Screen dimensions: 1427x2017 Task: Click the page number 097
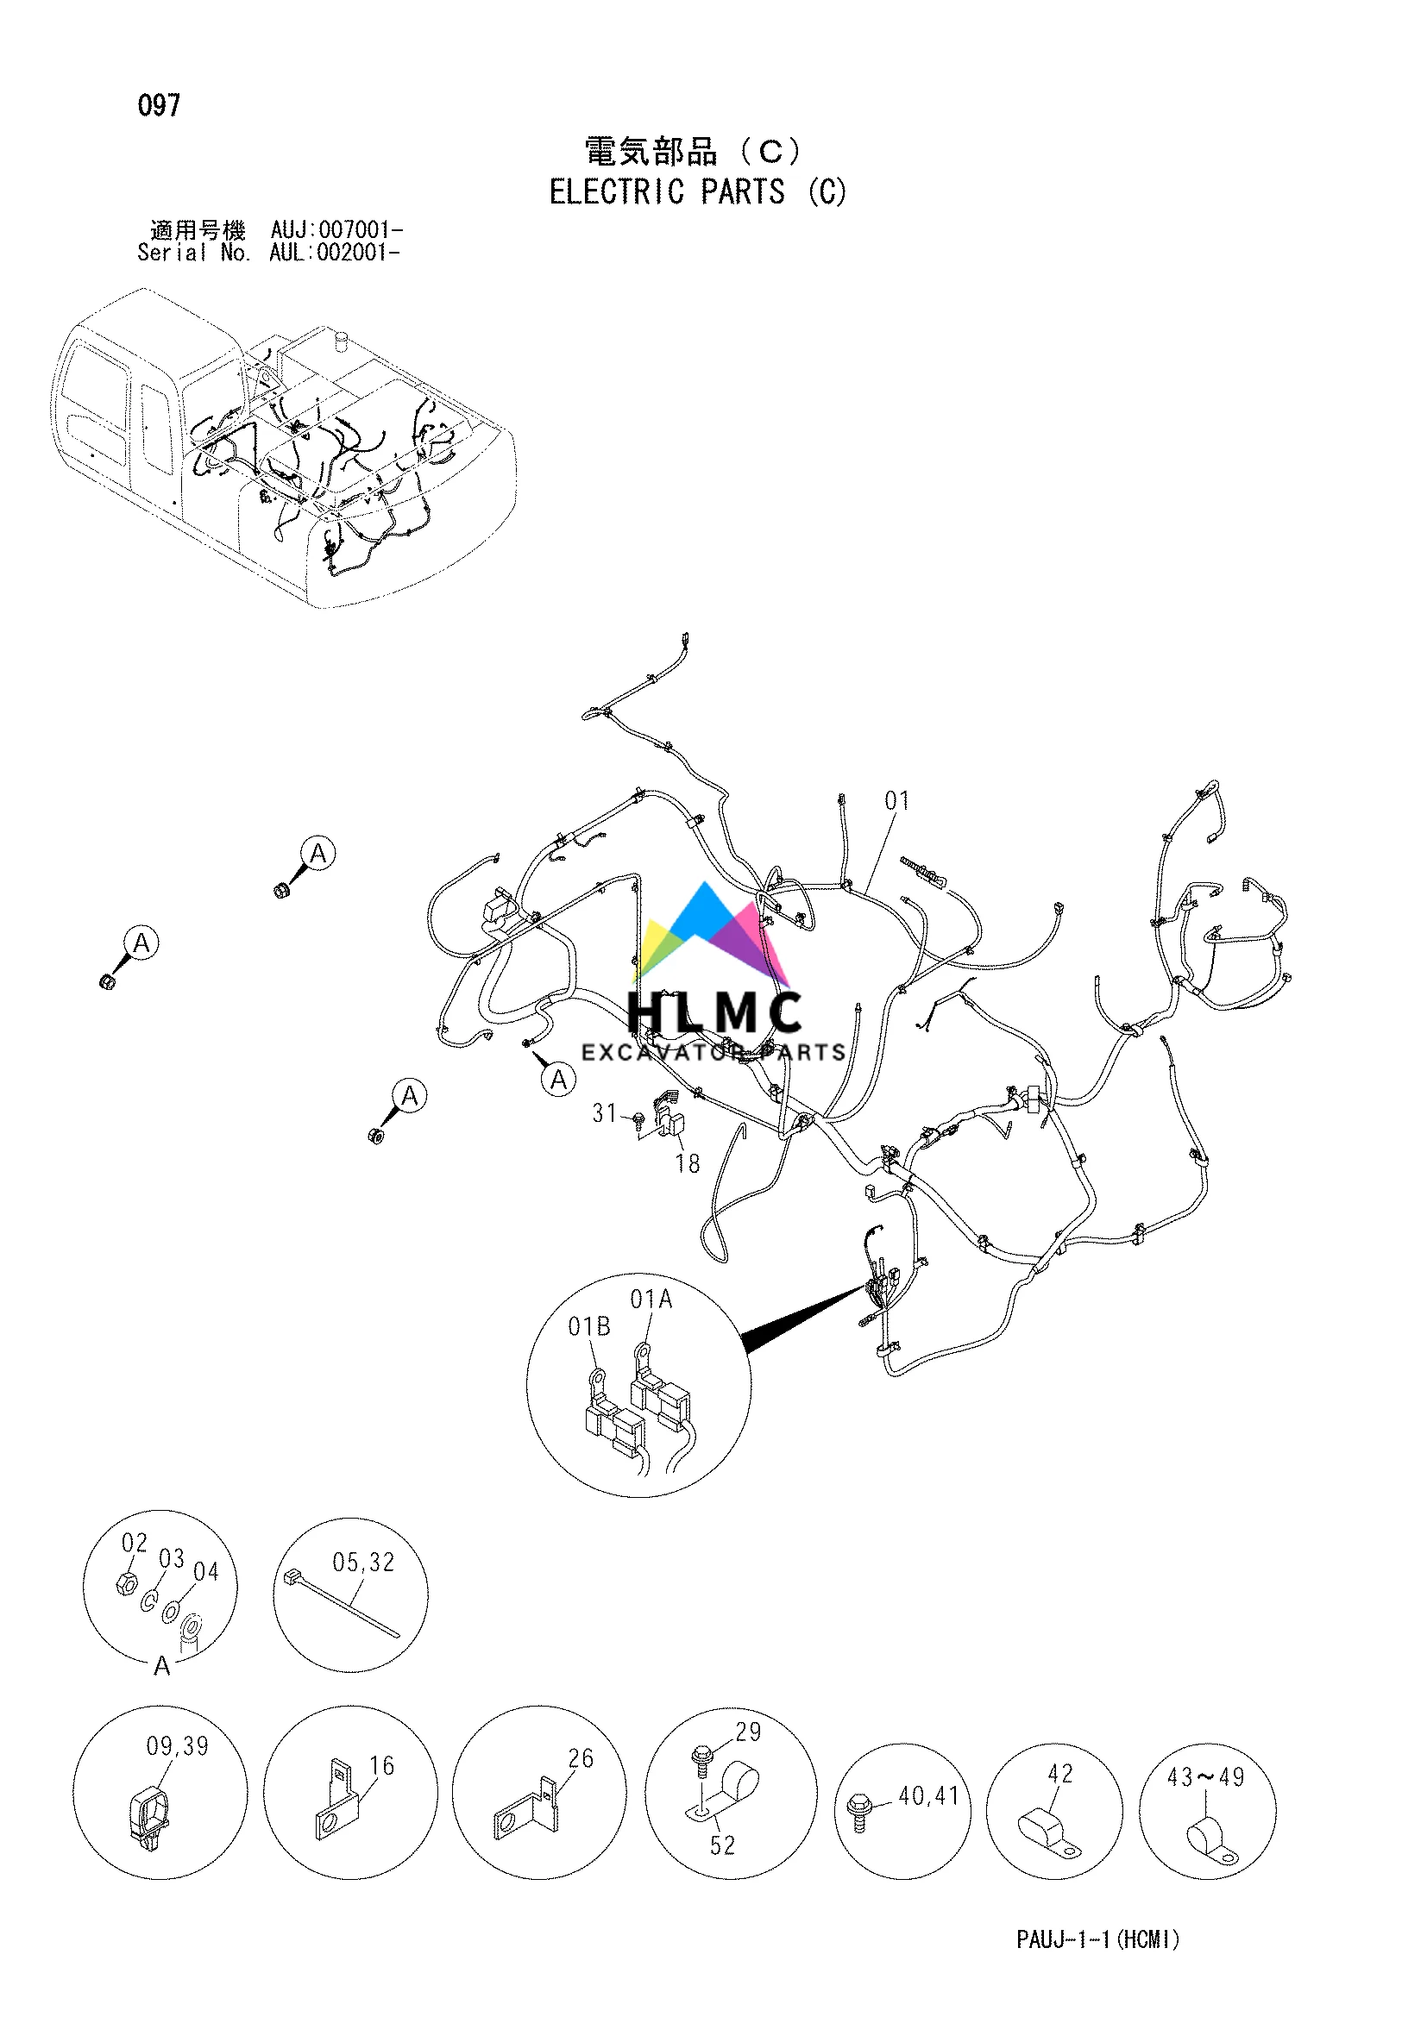coord(159,105)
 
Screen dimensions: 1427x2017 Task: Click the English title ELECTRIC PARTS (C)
coord(698,191)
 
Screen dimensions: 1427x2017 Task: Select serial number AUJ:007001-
coord(336,230)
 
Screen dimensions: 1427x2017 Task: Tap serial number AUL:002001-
coord(335,253)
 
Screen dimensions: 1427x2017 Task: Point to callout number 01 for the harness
coord(897,800)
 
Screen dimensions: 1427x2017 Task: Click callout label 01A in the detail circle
coord(651,1300)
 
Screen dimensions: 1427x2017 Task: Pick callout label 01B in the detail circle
coord(588,1326)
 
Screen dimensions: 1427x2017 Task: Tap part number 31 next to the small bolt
coord(605,1114)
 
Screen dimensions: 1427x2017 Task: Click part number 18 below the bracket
coord(687,1164)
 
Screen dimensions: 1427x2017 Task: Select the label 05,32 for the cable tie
coord(363,1563)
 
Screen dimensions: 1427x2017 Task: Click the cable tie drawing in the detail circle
coord(343,1603)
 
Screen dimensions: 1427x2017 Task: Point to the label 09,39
coord(178,1746)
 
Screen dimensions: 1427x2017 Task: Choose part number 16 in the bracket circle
coord(381,1766)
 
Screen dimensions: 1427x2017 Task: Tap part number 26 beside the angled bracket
coord(581,1758)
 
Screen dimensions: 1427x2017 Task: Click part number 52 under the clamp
coord(722,1845)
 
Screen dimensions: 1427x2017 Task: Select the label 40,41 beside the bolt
coord(929,1796)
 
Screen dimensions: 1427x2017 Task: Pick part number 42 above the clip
coord(1060,1774)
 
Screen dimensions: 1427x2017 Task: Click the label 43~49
coord(1205,1777)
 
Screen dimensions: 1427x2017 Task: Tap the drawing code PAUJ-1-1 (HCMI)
coord(1097,1939)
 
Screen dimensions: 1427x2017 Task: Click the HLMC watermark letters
coord(713,1012)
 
